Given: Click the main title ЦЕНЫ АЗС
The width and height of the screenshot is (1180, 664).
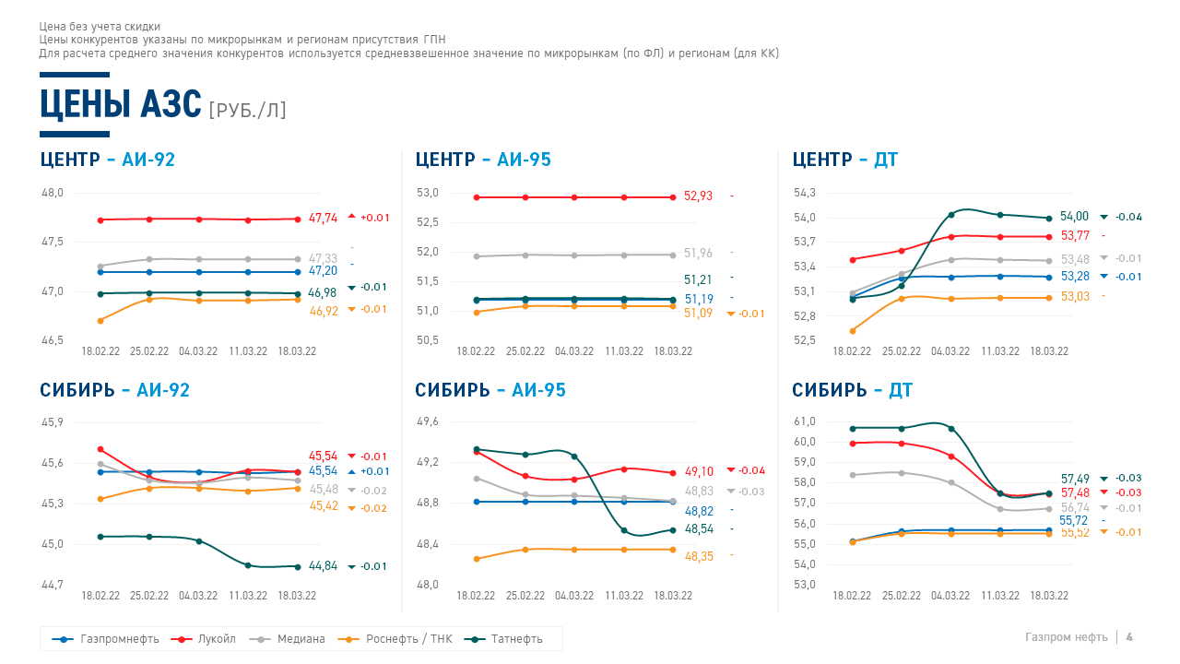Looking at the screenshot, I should click(120, 104).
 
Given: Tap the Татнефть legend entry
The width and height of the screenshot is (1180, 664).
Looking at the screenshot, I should click(516, 638).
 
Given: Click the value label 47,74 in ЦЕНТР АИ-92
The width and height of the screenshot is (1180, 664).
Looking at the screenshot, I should click(323, 219).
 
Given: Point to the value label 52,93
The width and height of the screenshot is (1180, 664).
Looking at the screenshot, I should click(698, 196).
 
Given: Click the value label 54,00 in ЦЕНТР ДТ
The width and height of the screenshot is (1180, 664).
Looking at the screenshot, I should click(1074, 217).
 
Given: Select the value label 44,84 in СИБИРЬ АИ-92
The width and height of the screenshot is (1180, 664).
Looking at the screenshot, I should click(323, 566).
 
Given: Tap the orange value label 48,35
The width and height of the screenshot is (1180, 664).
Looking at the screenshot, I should click(698, 556).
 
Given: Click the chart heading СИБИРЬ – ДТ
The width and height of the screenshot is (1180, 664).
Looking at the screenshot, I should click(852, 390).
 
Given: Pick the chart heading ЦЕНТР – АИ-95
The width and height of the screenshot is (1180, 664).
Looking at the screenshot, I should click(483, 160).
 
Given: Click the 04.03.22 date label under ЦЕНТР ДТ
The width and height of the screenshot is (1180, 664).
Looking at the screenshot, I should click(950, 351).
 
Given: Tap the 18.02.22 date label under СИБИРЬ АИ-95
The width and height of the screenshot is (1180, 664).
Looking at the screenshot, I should click(476, 596).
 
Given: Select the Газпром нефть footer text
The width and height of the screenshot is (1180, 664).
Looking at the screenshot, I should click(1066, 637).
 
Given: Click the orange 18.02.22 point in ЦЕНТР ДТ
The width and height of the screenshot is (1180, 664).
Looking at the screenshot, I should click(852, 330).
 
